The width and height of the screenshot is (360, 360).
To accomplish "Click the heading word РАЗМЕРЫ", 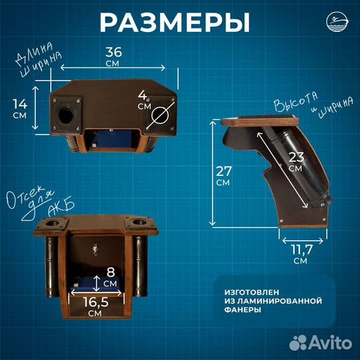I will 175,22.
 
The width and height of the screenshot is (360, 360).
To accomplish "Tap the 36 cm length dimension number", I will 115,51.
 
